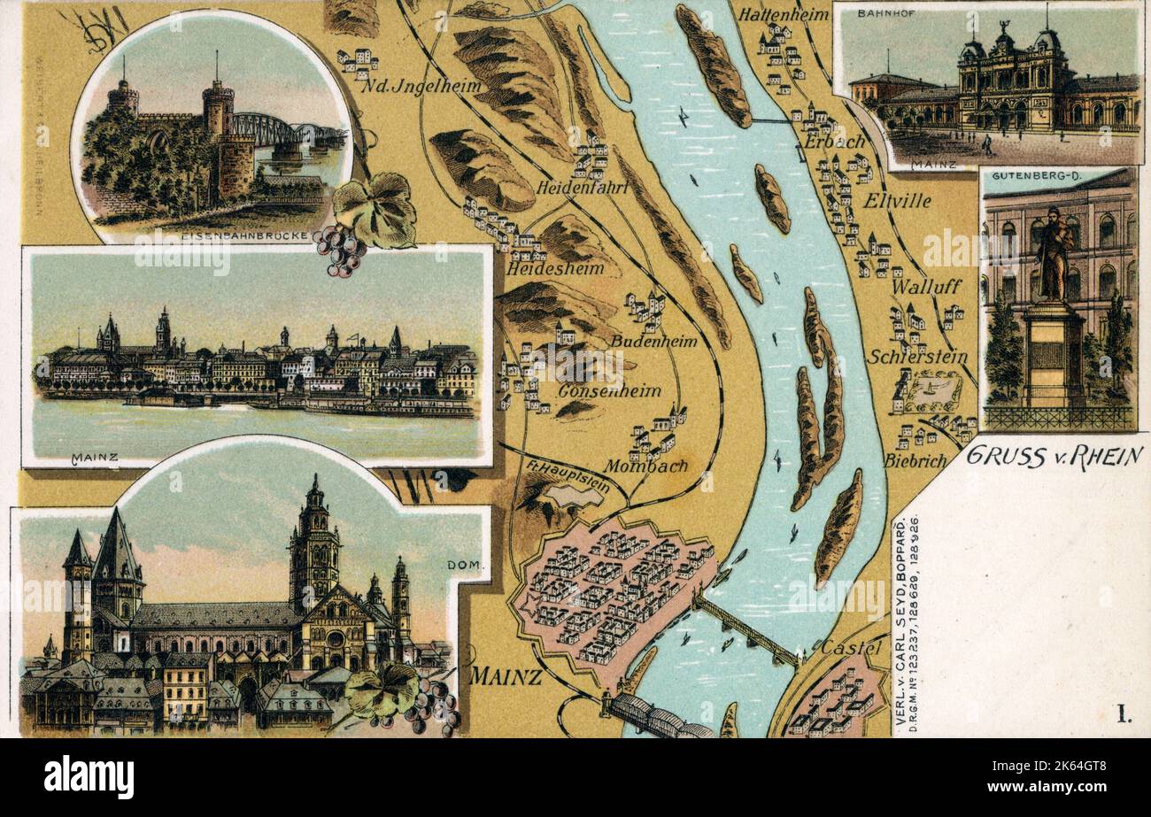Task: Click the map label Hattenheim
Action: point(783,14)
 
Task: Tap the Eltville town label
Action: point(899,201)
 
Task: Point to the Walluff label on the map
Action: point(926,287)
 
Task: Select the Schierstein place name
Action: point(917,357)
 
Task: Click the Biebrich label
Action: point(915,460)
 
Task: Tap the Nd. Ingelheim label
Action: point(421,86)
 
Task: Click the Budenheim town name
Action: point(653,341)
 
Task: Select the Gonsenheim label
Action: point(609,390)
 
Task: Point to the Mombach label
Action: point(646,466)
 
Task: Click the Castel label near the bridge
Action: point(851,648)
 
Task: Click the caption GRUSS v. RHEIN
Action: point(1054,456)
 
